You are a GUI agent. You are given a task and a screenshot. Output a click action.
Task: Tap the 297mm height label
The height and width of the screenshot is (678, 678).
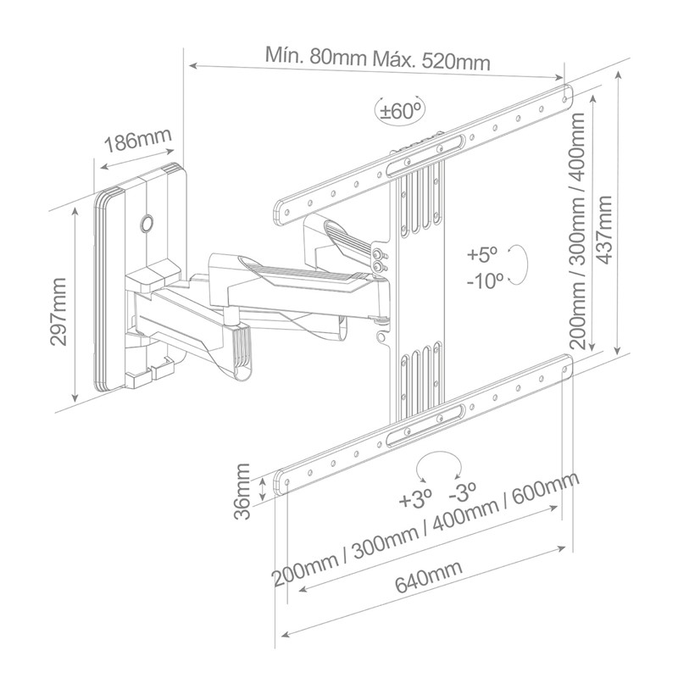tap(58, 311)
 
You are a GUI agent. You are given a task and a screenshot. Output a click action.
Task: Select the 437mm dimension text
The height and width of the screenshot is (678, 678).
tap(603, 230)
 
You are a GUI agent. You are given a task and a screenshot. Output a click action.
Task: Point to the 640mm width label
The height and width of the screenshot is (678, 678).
tap(429, 576)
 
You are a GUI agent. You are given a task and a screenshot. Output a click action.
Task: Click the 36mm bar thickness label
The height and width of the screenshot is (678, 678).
tap(242, 492)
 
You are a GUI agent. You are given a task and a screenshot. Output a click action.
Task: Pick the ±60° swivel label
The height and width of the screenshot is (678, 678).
tap(399, 111)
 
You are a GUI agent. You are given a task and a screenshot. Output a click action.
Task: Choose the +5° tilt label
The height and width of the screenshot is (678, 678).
tap(483, 255)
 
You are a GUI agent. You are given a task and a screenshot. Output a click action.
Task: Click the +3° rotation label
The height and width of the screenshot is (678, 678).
tap(415, 501)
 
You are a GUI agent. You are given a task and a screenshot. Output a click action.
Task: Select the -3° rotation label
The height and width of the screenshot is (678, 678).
tap(463, 492)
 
